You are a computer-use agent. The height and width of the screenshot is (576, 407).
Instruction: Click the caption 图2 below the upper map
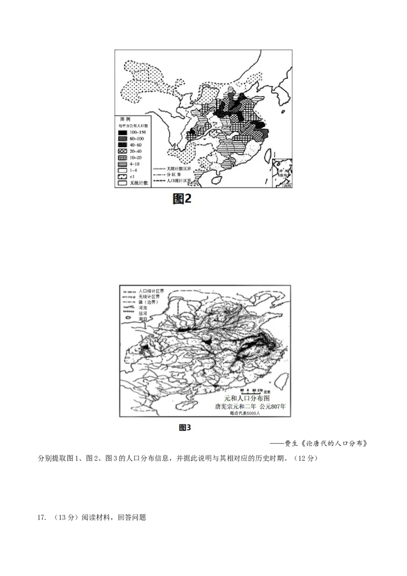pos(182,199)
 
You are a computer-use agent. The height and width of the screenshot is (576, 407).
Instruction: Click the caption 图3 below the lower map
pos(185,427)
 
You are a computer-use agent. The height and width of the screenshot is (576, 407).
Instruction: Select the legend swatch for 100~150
pos(122,132)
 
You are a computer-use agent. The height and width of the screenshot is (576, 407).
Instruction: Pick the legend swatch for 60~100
pos(122,138)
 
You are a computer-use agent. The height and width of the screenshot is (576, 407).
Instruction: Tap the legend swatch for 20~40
pos(122,152)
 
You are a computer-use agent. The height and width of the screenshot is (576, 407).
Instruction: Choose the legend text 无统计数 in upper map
pos(138,183)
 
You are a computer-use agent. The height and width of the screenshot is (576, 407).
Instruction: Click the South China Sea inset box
pos(282,174)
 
